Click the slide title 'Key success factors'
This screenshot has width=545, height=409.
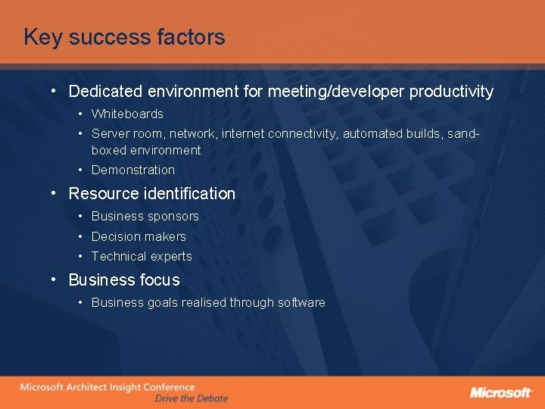click(124, 37)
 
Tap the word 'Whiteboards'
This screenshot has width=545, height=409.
click(127, 114)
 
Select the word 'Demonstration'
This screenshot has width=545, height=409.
click(133, 170)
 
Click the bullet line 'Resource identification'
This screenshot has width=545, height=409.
click(152, 194)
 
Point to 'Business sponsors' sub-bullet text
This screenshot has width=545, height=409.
click(145, 217)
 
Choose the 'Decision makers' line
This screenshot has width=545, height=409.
click(139, 236)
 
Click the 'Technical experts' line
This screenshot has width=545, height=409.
click(142, 257)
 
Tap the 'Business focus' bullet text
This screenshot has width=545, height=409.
click(124, 280)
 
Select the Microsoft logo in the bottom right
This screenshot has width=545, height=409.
click(501, 392)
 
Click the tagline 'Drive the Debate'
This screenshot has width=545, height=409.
click(191, 398)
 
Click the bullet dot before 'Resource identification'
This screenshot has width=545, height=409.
click(54, 192)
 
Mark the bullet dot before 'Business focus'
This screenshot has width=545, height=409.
click(54, 279)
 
